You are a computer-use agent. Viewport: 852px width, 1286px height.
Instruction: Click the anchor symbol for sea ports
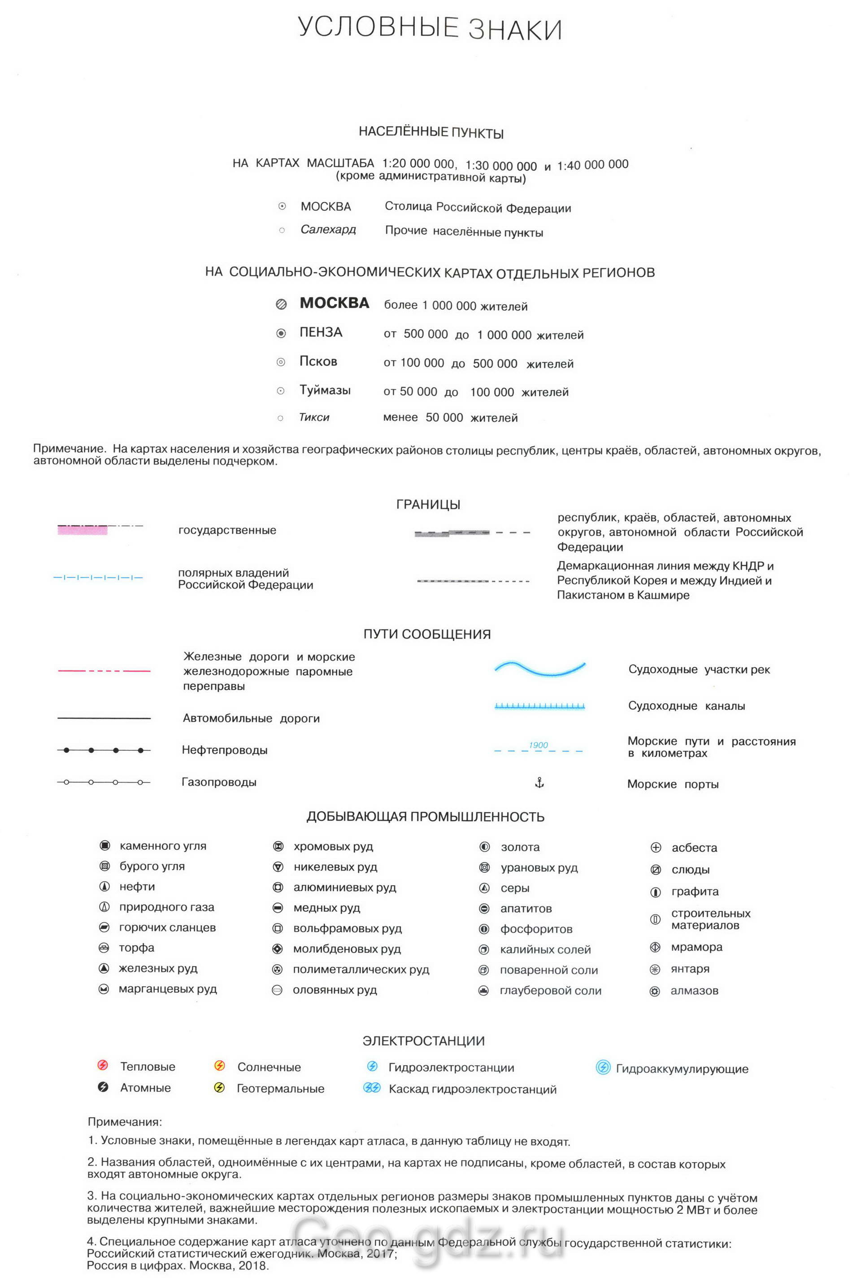pyautogui.click(x=539, y=783)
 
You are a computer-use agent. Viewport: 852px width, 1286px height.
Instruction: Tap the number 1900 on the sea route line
pyautogui.click(x=538, y=745)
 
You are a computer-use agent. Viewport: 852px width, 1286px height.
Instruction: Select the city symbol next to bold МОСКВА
pyautogui.click(x=281, y=305)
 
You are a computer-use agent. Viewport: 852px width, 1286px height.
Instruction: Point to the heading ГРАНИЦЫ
pyautogui.click(x=428, y=504)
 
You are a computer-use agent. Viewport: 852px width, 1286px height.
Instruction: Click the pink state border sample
pyautogui.click(x=83, y=529)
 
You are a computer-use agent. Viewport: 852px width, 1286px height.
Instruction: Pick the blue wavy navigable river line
pyautogui.click(x=539, y=668)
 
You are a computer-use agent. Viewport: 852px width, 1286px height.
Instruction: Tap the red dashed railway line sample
pyautogui.click(x=104, y=671)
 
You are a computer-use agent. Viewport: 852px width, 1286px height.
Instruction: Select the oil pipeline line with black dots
pyautogui.click(x=104, y=750)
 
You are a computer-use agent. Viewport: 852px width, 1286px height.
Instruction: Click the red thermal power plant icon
pyautogui.click(x=103, y=1065)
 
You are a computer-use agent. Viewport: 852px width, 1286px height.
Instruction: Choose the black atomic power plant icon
pyautogui.click(x=103, y=1087)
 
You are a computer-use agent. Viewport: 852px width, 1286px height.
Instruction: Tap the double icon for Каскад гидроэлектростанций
pyautogui.click(x=372, y=1088)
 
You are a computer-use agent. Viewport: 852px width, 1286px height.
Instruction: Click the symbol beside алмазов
pyautogui.click(x=655, y=991)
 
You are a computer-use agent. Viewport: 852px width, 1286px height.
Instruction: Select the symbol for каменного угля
pyautogui.click(x=104, y=845)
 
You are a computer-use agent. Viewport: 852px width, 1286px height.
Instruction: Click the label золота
pyautogui.click(x=520, y=847)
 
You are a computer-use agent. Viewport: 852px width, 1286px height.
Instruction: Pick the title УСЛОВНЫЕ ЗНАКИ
pyautogui.click(x=429, y=28)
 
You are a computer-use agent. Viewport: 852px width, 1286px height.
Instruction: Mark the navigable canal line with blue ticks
pyautogui.click(x=539, y=706)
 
